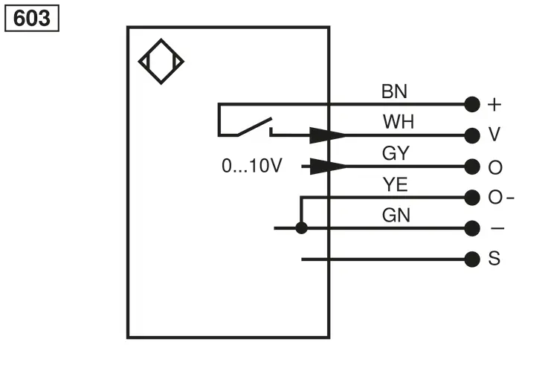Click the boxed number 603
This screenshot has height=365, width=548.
pos(32,18)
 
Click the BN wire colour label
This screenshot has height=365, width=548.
pos(394,91)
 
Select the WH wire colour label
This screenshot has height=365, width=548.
pos(398,122)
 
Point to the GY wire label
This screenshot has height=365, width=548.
pos(396,153)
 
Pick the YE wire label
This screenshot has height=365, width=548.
pos(395,184)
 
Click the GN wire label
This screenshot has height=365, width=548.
pos(396,215)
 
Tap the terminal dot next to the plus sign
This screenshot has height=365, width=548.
pos(472,104)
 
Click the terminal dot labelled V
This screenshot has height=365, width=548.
pos(472,135)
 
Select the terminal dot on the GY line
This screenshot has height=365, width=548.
pos(472,167)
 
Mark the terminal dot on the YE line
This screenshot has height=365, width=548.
pos(472,198)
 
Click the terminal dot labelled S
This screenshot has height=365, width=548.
pos(472,259)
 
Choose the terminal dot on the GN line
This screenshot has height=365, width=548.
pos(472,228)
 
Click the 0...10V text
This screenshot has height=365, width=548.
pos(251,166)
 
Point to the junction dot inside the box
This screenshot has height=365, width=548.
pos(301,228)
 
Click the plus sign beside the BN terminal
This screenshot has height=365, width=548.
pos(494,104)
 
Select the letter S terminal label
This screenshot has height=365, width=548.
pos(494,259)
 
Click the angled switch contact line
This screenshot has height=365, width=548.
pos(255,126)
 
